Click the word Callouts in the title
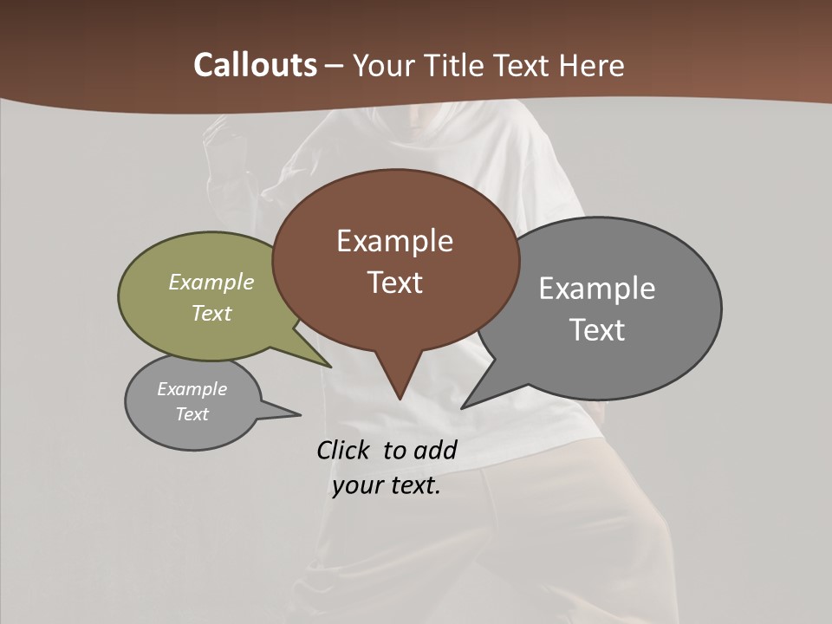(x=256, y=65)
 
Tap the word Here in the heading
(x=592, y=65)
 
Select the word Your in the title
(x=385, y=65)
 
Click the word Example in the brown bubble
(x=395, y=241)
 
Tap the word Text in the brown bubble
(x=395, y=283)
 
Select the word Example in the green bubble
(x=211, y=283)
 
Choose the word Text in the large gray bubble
(x=597, y=330)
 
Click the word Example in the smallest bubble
(x=192, y=389)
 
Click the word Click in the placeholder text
(x=345, y=450)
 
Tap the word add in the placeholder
(x=435, y=450)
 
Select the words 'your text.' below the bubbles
(x=387, y=485)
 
